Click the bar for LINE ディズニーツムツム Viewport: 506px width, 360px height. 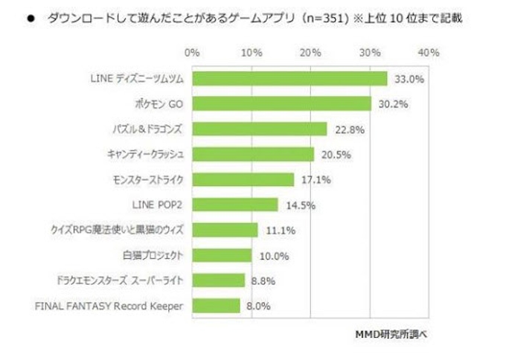(289, 79)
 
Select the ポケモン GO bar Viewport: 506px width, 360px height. (281, 104)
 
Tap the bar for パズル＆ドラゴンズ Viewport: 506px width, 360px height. (259, 129)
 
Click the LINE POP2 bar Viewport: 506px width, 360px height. (234, 205)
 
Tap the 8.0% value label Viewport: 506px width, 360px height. (258, 305)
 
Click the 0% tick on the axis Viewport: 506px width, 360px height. (191, 52)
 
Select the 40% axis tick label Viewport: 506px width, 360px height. (429, 52)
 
